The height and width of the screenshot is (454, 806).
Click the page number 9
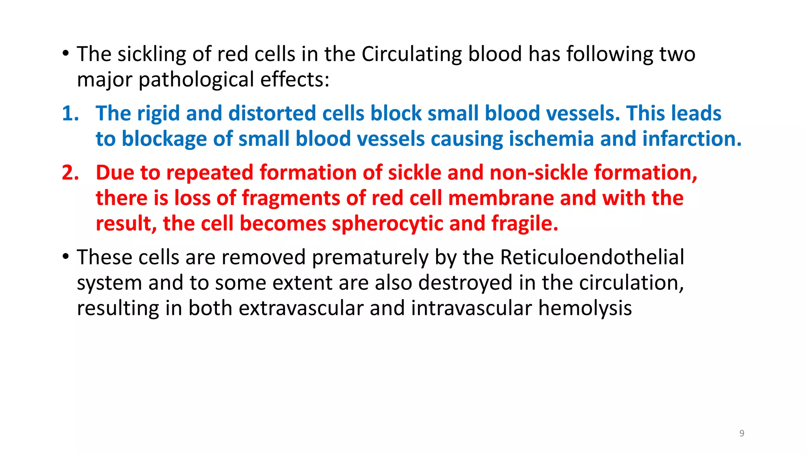click(x=741, y=433)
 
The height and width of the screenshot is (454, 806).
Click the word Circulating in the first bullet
click(x=411, y=54)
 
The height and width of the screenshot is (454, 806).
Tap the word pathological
click(x=196, y=80)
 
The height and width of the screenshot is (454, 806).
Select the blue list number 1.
click(x=70, y=113)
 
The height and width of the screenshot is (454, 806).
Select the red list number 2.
click(x=70, y=173)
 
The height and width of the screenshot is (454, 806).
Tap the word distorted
click(x=272, y=113)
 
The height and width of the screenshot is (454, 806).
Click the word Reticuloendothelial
click(x=592, y=257)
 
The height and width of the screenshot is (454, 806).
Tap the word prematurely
click(x=370, y=257)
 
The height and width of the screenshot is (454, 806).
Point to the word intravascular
click(x=471, y=308)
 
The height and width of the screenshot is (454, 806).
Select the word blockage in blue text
click(x=164, y=139)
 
